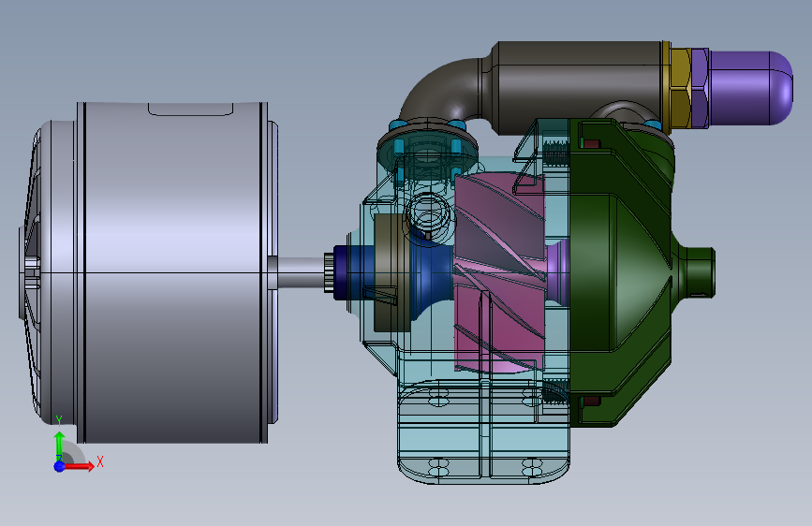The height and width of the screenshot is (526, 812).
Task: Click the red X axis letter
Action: point(100,461)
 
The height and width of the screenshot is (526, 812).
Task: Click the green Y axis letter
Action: point(59,420)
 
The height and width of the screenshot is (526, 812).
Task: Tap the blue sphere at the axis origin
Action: point(60,466)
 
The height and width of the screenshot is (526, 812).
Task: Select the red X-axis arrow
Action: point(78,466)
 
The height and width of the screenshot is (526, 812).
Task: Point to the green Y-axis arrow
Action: point(59,446)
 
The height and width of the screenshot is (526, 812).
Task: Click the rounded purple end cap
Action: point(751,87)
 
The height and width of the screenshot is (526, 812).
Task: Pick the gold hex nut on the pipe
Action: point(681,88)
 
